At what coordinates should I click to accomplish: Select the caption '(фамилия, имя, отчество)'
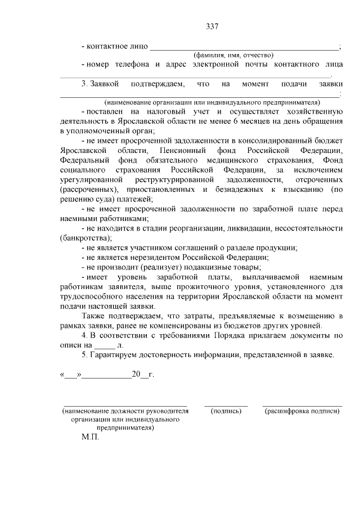233,55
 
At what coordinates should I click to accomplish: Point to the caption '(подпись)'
226,411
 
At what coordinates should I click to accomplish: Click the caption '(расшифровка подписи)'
302,411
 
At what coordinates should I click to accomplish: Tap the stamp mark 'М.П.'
90,437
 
